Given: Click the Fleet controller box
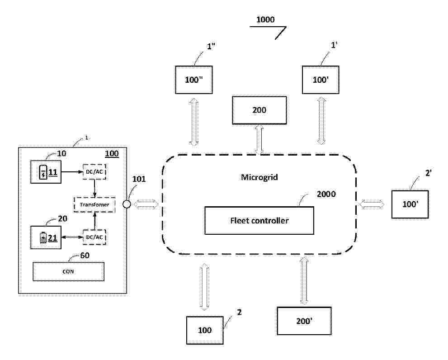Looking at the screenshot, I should pyautogui.click(x=259, y=221).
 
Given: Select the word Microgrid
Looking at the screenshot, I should pyautogui.click(x=259, y=177).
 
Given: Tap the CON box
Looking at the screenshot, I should pyautogui.click(x=69, y=271).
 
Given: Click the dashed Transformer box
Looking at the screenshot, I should pyautogui.click(x=94, y=205).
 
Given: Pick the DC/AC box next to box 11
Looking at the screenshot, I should pyautogui.click(x=94, y=172).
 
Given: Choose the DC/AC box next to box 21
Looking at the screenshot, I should pyautogui.click(x=94, y=237).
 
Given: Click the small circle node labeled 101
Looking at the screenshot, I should pyautogui.click(x=127, y=205).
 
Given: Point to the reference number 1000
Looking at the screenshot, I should pyautogui.click(x=265, y=20).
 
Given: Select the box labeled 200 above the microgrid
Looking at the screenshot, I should pyautogui.click(x=259, y=110).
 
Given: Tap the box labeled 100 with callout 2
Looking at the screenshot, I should pyautogui.click(x=205, y=330).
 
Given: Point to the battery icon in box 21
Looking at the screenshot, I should pyautogui.click(x=43, y=237).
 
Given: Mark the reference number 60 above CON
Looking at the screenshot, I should pyautogui.click(x=84, y=255).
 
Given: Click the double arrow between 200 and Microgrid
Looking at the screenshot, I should pyautogui.click(x=259, y=139).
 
